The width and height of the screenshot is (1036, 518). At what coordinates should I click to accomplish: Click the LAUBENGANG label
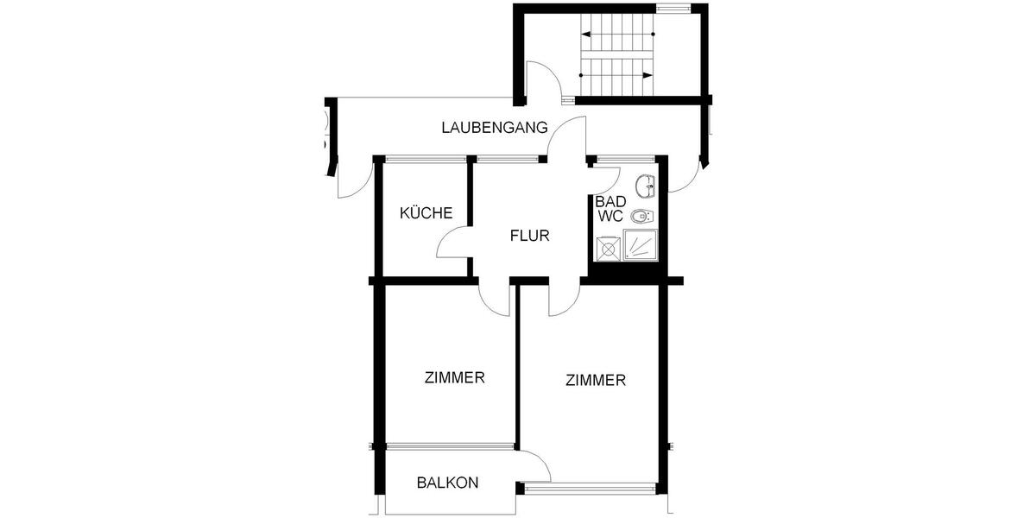pyautogui.click(x=495, y=128)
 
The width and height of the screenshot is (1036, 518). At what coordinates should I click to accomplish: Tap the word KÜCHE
pyautogui.click(x=426, y=213)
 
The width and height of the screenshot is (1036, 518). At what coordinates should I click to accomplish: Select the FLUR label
pyautogui.click(x=529, y=235)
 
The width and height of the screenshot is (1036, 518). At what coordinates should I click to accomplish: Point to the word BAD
pyautogui.click(x=606, y=201)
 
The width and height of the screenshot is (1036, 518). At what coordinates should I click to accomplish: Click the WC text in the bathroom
pyautogui.click(x=610, y=217)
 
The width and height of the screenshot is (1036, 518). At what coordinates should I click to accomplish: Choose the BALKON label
pyautogui.click(x=447, y=483)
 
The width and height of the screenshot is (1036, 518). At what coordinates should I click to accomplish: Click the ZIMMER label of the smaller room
pyautogui.click(x=455, y=377)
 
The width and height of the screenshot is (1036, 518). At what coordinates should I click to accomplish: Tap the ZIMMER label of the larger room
pyautogui.click(x=596, y=380)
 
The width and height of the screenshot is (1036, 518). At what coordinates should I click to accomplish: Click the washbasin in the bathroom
pyautogui.click(x=645, y=185)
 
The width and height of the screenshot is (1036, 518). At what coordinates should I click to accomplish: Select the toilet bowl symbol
pyautogui.click(x=642, y=216)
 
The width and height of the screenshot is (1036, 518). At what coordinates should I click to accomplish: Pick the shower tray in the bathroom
pyautogui.click(x=641, y=245)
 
